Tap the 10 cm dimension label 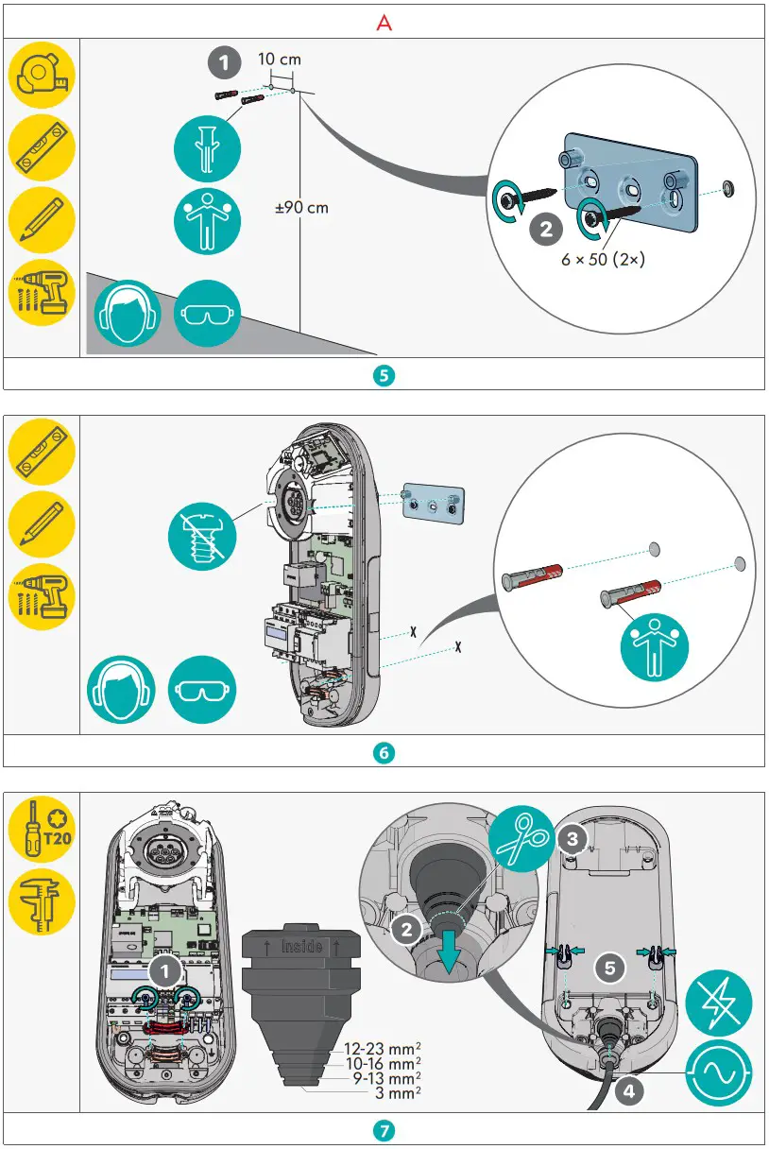(280, 60)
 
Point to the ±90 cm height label (301, 207)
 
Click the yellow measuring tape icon (42, 73)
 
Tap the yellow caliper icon (42, 900)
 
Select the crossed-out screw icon (201, 534)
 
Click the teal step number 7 (384, 1129)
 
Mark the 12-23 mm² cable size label (383, 1048)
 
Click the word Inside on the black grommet (303, 945)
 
